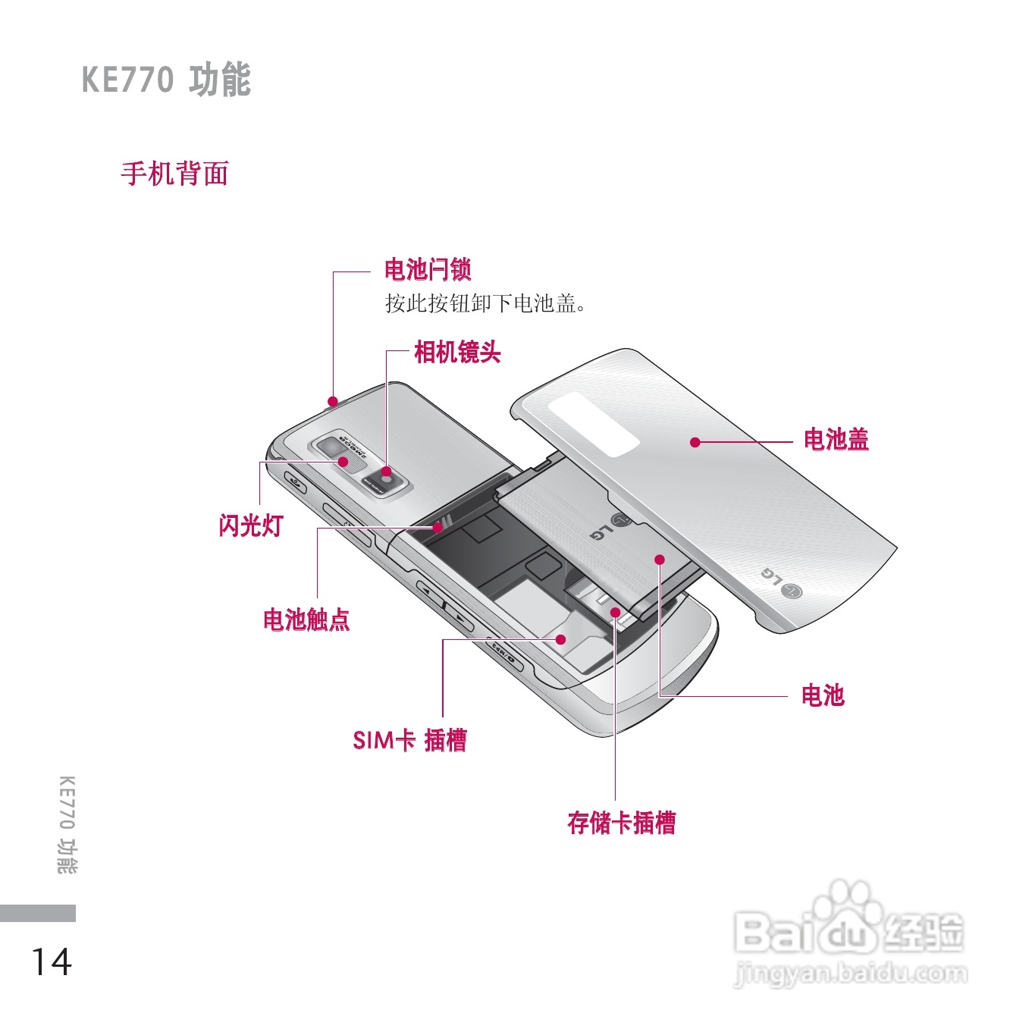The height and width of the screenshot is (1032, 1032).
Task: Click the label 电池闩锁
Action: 428,269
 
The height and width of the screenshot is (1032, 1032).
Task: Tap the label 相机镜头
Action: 457,352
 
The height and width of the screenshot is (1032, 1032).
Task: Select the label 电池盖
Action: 836,439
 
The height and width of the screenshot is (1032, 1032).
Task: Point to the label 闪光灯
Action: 250,525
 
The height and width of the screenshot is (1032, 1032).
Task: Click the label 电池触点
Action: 306,620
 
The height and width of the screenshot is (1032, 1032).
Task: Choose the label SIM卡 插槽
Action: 409,739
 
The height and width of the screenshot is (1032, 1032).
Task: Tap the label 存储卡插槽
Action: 621,822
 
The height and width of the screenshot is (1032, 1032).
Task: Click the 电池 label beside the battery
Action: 823,695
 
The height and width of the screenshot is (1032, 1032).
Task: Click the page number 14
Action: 51,961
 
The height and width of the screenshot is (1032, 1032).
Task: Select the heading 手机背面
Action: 174,174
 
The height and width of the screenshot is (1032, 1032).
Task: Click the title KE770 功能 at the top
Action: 166,80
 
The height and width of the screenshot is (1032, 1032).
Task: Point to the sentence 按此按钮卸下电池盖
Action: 485,304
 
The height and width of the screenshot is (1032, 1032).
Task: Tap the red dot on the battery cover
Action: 695,442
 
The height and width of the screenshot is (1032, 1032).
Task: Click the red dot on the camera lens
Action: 386,472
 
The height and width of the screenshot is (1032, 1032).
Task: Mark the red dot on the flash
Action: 343,461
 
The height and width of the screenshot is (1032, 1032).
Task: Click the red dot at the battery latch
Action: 332,400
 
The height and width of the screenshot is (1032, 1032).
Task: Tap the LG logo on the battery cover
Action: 782,582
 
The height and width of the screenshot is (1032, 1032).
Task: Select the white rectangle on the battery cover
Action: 594,425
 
